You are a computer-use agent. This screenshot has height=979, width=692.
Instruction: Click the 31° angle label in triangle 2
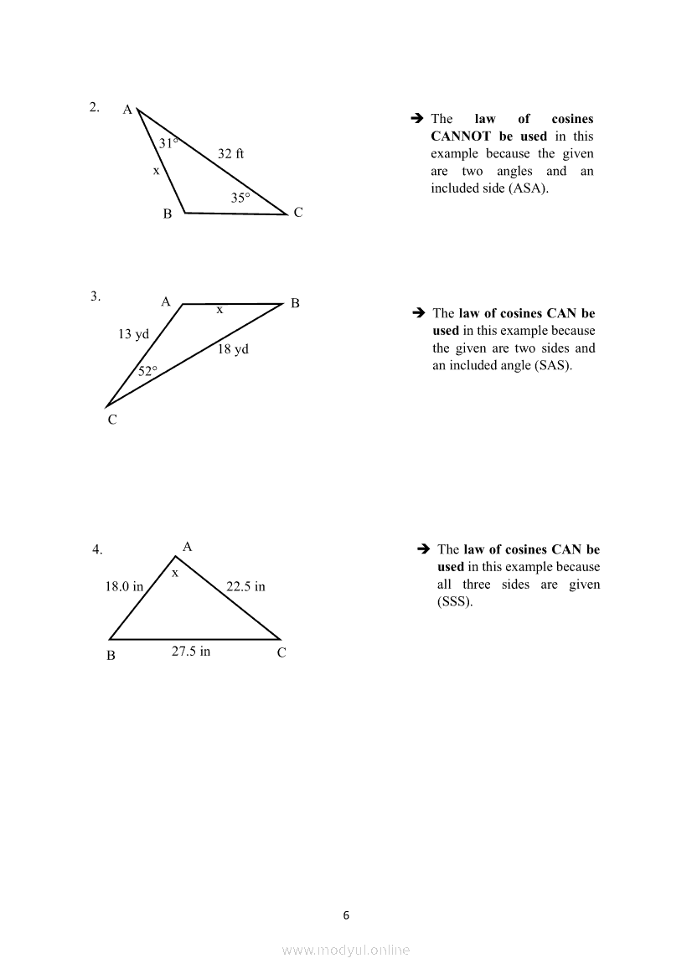[x=168, y=143]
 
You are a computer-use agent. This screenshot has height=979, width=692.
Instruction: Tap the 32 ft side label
[x=230, y=154]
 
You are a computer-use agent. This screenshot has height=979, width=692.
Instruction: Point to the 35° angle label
[x=240, y=198]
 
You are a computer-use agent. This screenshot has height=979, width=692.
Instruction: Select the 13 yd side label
[x=133, y=334]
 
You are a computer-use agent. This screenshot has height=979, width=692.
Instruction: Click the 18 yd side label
[x=233, y=349]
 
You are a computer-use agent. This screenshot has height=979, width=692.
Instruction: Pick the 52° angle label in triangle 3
[x=147, y=371]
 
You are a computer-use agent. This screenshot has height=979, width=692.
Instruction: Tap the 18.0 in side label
[x=124, y=587]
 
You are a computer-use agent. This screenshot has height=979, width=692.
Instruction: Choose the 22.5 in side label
[x=245, y=587]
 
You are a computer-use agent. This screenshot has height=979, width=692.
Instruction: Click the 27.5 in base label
[x=191, y=652]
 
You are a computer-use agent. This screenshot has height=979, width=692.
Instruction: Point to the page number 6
[x=346, y=915]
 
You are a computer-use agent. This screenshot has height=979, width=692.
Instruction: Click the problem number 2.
[x=95, y=106]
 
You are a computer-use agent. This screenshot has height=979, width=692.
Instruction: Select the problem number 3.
[x=96, y=296]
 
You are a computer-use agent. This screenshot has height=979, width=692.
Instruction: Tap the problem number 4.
[x=97, y=550]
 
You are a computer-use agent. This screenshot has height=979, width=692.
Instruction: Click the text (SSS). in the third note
[x=455, y=602]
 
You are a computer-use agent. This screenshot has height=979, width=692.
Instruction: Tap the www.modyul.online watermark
[x=346, y=950]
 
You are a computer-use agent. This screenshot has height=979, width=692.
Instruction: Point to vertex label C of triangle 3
[x=111, y=420]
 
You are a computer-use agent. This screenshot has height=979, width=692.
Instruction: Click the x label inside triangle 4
[x=175, y=574]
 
